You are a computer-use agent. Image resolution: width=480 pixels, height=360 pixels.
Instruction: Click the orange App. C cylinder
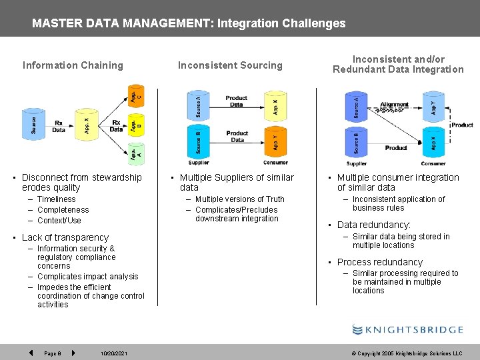tap(136, 95)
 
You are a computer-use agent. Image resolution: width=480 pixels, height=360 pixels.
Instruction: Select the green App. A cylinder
tap(136, 155)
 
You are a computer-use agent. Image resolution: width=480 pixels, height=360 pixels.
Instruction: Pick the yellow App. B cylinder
tap(136, 125)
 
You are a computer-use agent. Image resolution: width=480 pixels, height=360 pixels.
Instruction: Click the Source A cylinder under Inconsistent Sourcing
tap(198, 105)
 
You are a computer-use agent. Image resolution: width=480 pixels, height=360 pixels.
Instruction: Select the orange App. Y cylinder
tap(275, 141)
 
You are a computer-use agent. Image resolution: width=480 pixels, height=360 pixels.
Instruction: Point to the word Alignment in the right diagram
tap(394, 105)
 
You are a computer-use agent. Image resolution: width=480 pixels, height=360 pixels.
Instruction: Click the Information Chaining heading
tap(73, 65)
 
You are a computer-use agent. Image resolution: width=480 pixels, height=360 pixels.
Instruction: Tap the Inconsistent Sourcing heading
tap(230, 65)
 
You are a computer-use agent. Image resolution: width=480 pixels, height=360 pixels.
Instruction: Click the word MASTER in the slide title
tap(53, 23)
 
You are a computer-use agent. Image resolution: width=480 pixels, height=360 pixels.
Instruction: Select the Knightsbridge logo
tap(407, 329)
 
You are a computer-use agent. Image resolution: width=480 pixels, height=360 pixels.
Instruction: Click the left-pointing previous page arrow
tap(31, 353)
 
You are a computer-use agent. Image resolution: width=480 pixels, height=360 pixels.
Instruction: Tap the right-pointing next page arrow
tap(73, 353)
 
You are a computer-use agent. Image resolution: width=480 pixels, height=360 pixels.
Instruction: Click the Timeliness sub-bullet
tap(57, 199)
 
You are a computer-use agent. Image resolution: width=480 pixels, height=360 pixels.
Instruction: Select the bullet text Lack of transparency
tap(65, 237)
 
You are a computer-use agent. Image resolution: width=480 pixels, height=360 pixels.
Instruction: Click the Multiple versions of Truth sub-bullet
tap(239, 199)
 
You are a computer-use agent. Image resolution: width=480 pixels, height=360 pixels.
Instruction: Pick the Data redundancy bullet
tap(373, 225)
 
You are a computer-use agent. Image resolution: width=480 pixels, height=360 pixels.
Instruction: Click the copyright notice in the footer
tap(409, 353)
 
